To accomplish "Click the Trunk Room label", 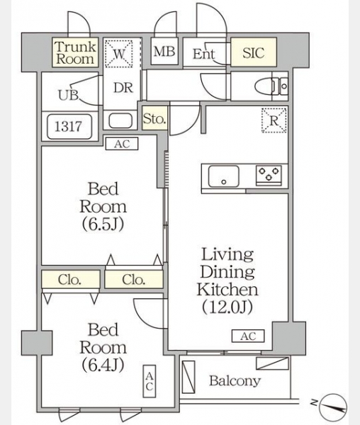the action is pos(76,53).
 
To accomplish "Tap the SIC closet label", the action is pos(254,53).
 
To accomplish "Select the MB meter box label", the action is pos(164,52).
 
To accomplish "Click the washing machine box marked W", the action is pos(119,54).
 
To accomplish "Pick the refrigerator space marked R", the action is pos(274,120).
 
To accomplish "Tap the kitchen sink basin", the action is pos(224,176).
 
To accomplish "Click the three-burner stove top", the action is pos(269,174).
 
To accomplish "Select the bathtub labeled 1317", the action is pos(69,126).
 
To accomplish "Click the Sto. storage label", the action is pos(154,119).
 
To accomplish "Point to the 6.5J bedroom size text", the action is pos(103,224).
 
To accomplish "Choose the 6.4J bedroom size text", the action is pos(103,365).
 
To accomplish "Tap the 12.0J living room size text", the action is pos(227,307).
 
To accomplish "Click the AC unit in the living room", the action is pos(248,336).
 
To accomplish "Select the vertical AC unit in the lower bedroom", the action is pos(150,381).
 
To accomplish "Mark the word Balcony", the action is pos(235,381).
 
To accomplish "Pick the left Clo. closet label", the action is pos(69,280).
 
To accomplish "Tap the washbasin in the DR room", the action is pos(120,120).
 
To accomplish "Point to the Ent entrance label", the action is pos(204,54).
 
